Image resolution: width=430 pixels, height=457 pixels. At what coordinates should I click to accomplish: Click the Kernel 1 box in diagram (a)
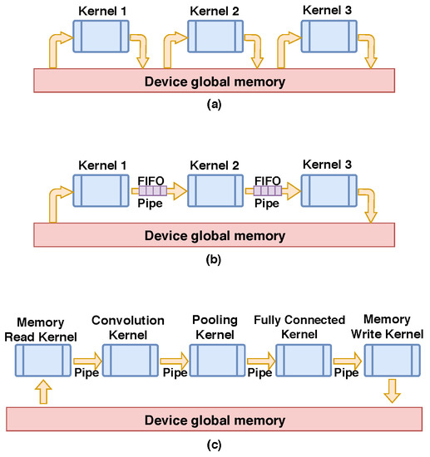tap(101, 37)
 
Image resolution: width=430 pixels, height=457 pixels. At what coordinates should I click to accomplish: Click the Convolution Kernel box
tap(129, 361)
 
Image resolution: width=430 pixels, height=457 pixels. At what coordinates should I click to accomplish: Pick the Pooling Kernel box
tap(215, 361)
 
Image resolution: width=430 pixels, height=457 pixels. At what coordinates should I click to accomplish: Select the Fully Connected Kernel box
tap(303, 361)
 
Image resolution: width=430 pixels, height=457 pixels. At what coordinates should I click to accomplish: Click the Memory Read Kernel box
tap(43, 361)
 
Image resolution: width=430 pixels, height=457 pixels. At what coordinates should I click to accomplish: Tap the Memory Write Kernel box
tap(391, 361)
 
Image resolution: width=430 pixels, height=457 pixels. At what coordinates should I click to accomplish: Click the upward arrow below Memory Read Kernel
tap(43, 391)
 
